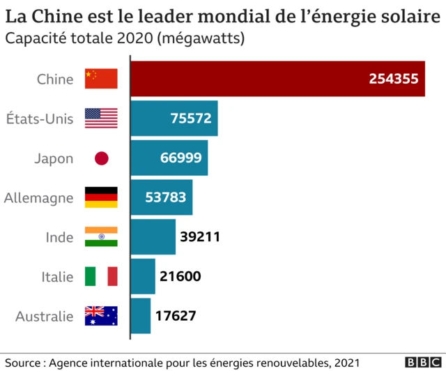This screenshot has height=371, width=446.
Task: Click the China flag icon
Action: [101, 79]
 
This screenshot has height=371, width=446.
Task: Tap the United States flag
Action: [101, 119]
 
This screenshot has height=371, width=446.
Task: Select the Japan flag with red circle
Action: [102, 158]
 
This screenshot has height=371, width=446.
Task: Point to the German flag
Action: [101, 197]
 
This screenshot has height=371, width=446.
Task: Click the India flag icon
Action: [101, 237]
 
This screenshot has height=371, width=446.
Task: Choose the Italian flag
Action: [101, 276]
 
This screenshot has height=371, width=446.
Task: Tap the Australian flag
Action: [101, 316]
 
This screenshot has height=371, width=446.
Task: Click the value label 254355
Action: [394, 79]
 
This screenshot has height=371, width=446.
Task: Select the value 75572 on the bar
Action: [190, 119]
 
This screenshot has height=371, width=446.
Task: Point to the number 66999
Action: [180, 158]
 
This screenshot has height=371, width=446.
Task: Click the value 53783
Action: [165, 197]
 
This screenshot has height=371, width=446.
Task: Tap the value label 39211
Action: [200, 237]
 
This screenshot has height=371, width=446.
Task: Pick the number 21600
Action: [180, 276]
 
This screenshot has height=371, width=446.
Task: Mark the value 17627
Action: [175, 316]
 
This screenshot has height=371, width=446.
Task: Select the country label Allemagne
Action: [38, 198]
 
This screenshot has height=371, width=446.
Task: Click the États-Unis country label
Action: [39, 119]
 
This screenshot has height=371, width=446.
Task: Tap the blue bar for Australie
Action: [141, 316]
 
